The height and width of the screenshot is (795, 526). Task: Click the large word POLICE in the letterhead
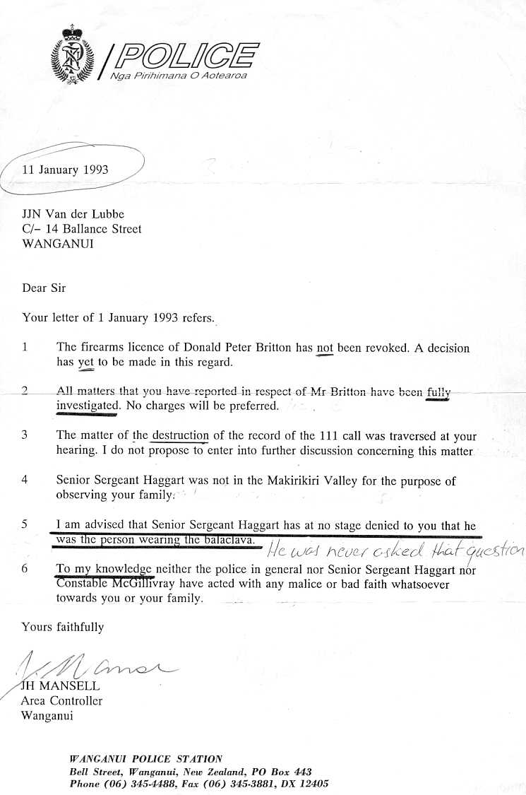point(186,56)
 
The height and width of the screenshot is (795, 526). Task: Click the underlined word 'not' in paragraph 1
point(324,348)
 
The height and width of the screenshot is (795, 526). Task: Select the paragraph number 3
point(25,435)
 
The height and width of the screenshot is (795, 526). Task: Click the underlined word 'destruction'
point(180,436)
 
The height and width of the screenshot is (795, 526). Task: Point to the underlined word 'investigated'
point(86,406)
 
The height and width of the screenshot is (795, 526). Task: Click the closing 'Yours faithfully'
point(63,627)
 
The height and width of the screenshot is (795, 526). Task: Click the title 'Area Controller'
point(61,701)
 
